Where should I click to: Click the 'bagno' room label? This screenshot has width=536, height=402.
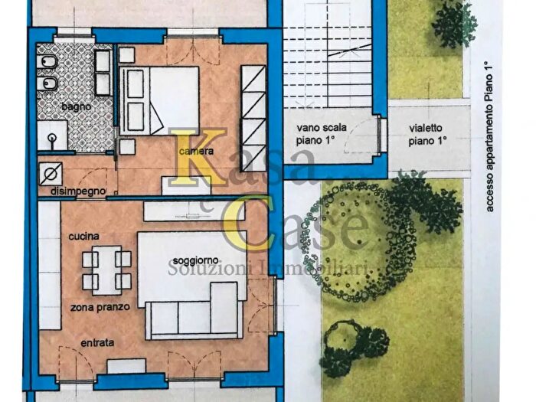click(x=77, y=106)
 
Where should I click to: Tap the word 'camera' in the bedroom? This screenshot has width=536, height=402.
click(x=197, y=151)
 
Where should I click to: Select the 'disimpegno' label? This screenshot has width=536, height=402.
click(x=78, y=191)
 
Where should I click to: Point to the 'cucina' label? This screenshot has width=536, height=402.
click(x=83, y=236)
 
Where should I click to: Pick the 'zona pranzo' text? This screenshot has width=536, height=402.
click(x=100, y=307)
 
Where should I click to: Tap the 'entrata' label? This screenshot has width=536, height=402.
click(x=97, y=342)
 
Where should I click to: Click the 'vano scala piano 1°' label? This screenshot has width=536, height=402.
click(x=322, y=134)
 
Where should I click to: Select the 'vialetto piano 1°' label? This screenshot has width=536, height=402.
click(x=427, y=134)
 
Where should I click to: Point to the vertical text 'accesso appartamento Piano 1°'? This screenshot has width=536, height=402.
click(x=489, y=137)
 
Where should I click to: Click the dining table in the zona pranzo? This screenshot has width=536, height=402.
click(x=106, y=270)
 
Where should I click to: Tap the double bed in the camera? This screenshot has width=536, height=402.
click(x=159, y=100)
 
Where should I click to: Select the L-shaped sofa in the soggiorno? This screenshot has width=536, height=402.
click(x=191, y=311)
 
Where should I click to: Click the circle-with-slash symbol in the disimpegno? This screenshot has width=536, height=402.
click(x=51, y=174)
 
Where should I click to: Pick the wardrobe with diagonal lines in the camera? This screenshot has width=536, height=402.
click(x=253, y=118)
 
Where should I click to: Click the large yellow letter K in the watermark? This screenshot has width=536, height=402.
click(x=198, y=158)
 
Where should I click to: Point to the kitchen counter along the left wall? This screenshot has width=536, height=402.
click(x=50, y=266)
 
